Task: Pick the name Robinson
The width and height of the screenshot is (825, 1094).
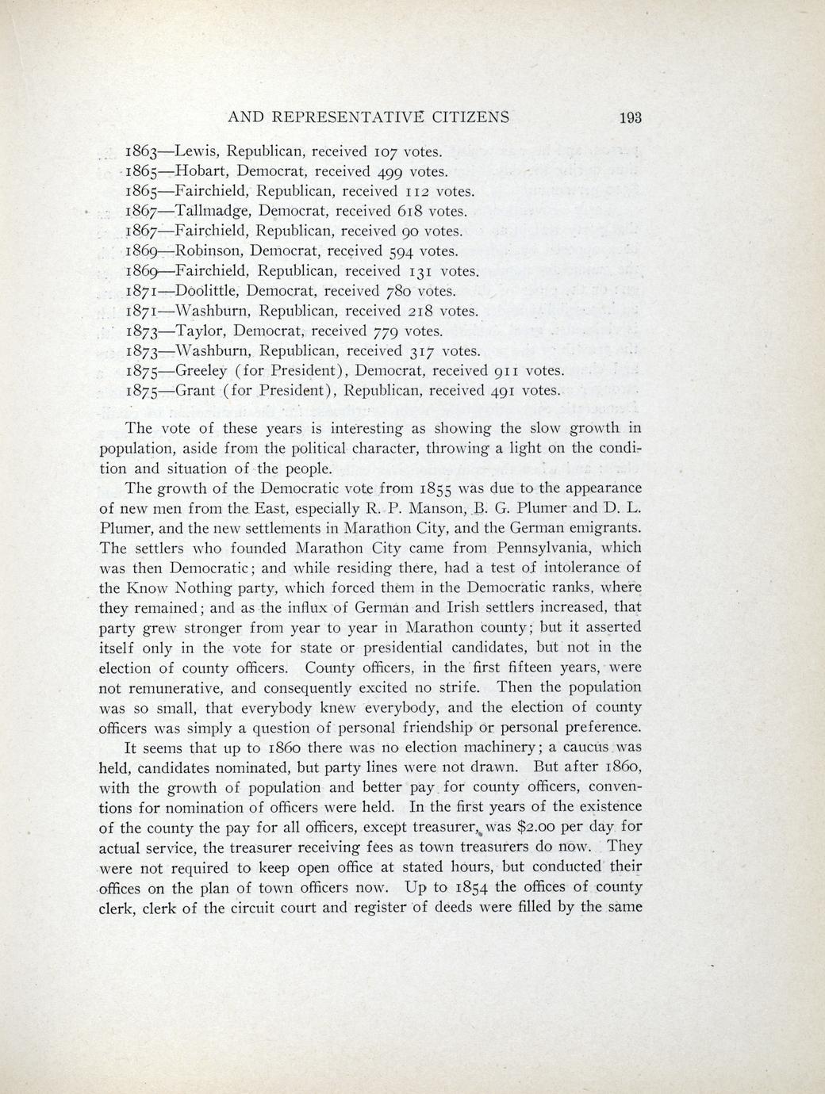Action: [x=208, y=251]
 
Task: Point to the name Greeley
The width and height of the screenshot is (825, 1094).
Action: [x=202, y=371]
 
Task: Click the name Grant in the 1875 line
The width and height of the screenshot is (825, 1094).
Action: [x=194, y=390]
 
